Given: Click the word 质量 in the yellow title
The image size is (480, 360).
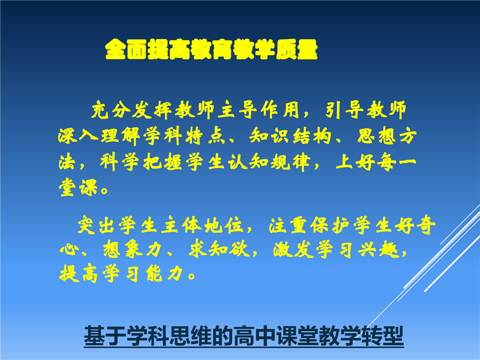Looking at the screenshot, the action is (x=296, y=49).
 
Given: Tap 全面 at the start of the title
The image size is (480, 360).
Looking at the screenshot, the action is (x=126, y=49).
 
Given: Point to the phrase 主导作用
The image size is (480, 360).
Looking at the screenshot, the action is (x=258, y=109).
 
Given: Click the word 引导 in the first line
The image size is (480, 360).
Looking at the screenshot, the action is (x=344, y=109).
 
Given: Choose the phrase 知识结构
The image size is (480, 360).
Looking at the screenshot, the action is (x=290, y=135).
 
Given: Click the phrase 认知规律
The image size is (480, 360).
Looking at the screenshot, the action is (x=269, y=161).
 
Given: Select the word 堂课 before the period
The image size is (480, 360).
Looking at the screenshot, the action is (x=78, y=187).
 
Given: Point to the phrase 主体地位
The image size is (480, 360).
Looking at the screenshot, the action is (x=202, y=225).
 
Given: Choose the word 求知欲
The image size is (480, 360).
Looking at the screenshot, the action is (x=219, y=249).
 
